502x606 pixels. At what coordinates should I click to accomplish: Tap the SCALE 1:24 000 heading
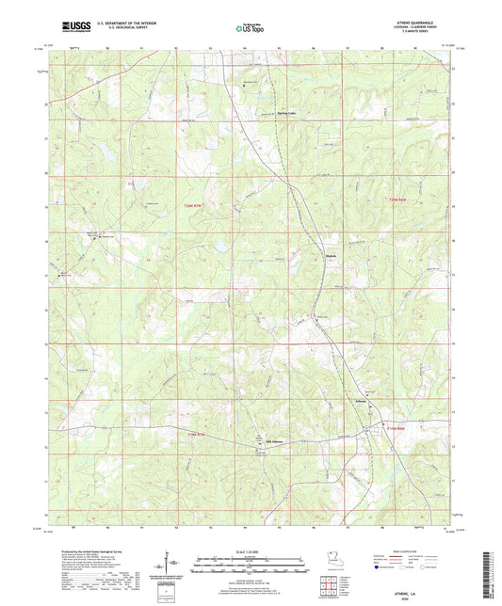click(x=249, y=552)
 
